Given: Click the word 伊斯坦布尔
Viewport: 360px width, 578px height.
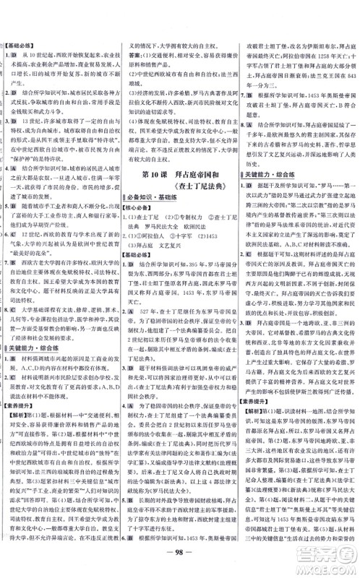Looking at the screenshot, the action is [x=312, y=43].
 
